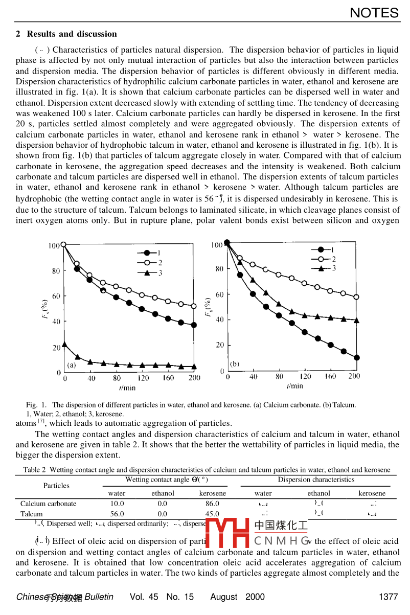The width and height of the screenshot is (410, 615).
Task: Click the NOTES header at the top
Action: point(374,13)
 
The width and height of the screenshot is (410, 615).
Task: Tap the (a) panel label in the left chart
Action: point(72,365)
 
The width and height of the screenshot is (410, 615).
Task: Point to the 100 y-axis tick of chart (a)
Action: point(55,246)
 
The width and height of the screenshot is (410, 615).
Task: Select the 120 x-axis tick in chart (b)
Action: point(306,377)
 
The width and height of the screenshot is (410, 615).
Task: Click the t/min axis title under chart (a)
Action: point(128,388)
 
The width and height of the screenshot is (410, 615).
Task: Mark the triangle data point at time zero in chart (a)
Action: point(64,345)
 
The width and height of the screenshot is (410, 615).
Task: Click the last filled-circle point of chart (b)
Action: point(356,358)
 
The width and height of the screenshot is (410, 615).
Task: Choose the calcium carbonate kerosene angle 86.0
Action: point(212,504)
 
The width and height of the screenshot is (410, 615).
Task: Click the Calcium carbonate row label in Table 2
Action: point(49,504)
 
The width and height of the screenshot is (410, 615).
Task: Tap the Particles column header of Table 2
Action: point(56,485)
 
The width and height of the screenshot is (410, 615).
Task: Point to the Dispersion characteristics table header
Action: point(316,480)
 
